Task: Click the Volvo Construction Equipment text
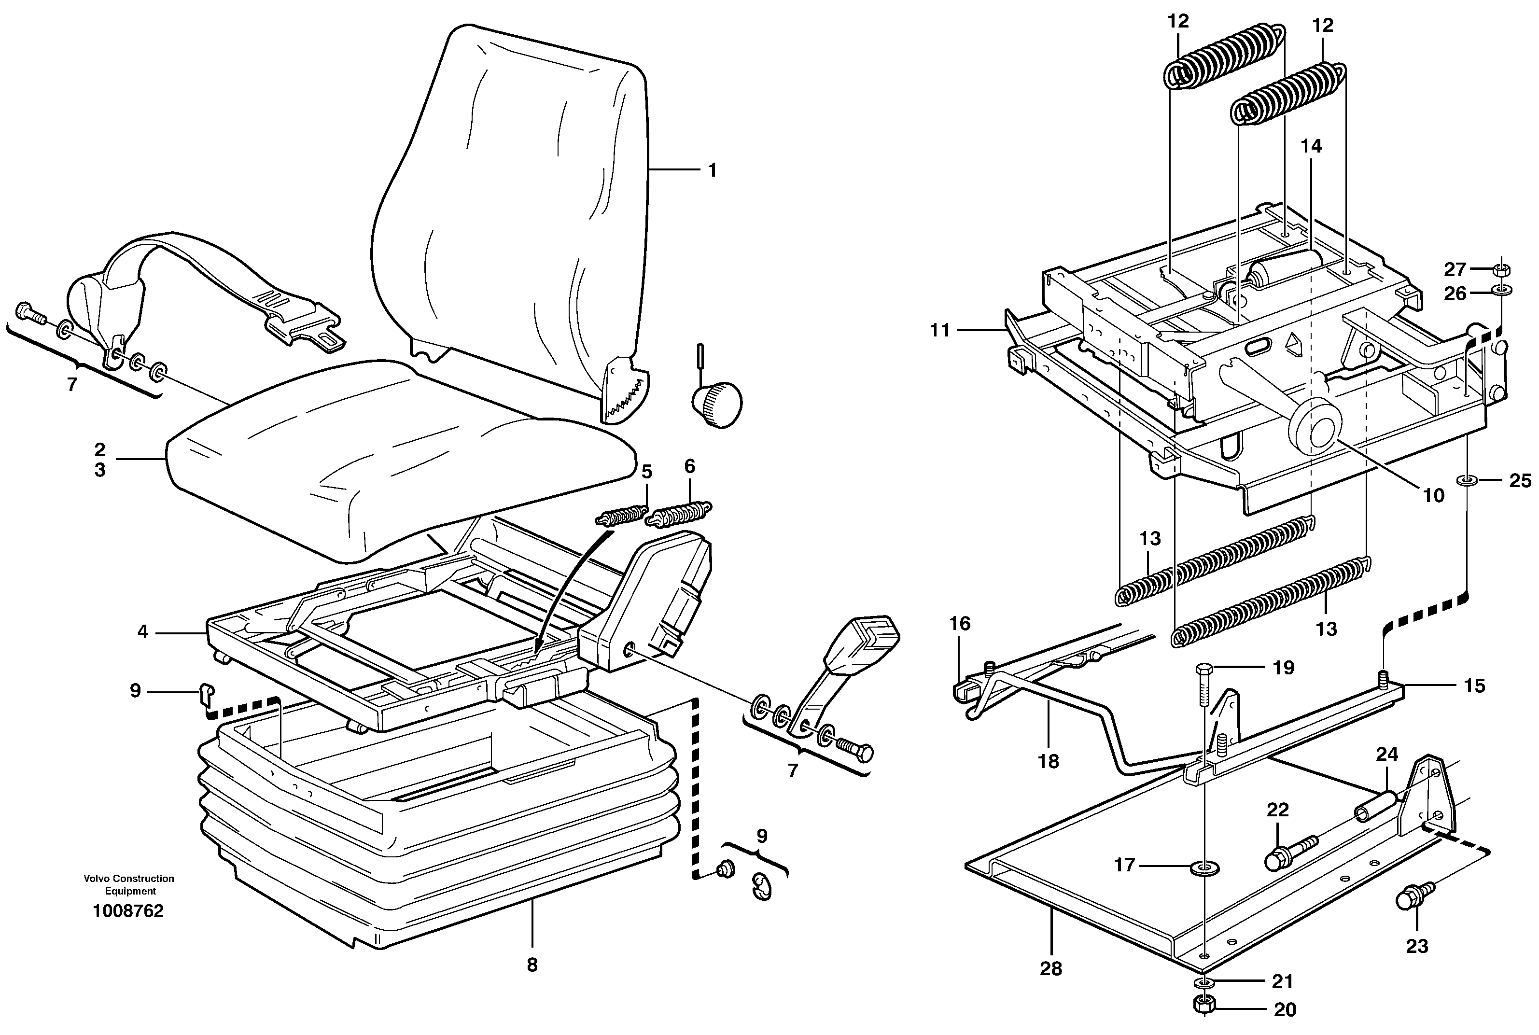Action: (x=129, y=884)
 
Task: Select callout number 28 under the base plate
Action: (x=1050, y=969)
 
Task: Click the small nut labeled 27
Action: (x=1501, y=269)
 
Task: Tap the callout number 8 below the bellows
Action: (x=532, y=965)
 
